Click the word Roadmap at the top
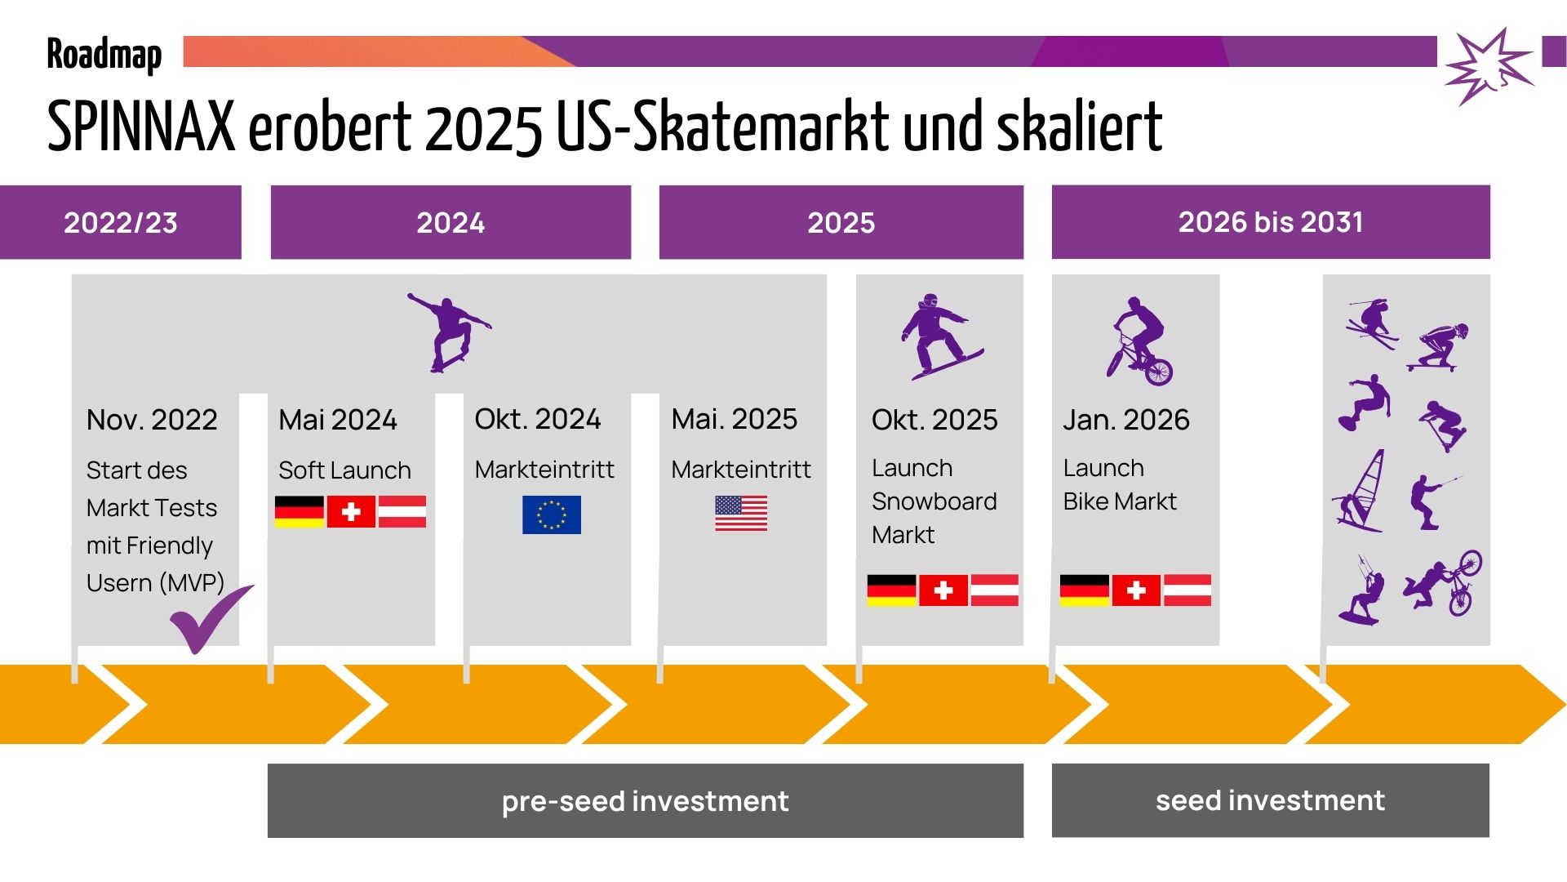coord(104,56)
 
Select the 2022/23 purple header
coord(121,222)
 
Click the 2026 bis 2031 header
coord(1271,222)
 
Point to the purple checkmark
coord(211,619)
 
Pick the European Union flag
coord(552,514)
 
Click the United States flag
coord(741,514)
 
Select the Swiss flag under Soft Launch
coord(351,512)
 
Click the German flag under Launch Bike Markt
coord(1084,590)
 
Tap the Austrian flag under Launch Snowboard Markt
coord(995,590)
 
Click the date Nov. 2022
coord(152,420)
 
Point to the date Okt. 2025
coord(934,420)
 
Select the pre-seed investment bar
coord(646,800)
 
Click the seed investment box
coord(1271,800)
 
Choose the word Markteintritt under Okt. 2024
coord(545,470)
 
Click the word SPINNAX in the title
coord(141,127)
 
